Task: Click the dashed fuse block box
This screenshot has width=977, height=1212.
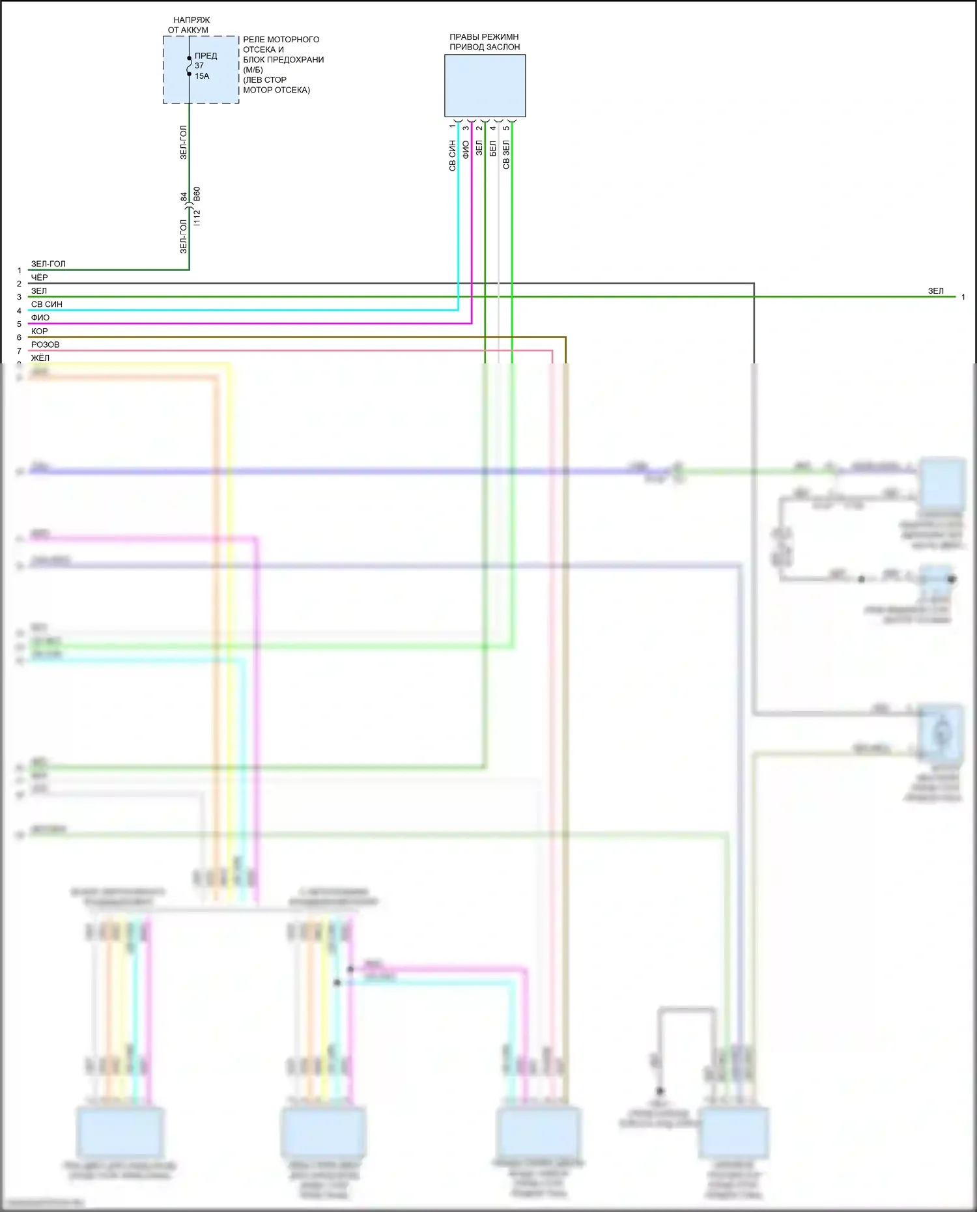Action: (x=201, y=70)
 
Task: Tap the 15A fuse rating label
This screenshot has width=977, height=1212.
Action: (x=202, y=76)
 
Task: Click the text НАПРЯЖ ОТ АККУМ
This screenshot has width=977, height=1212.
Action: (x=190, y=25)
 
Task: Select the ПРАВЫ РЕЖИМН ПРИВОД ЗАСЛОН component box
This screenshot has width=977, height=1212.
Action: (x=485, y=85)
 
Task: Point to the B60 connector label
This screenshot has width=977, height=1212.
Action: (x=197, y=194)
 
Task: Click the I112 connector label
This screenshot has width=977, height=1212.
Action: (x=197, y=218)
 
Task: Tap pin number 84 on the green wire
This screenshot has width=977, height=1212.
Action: (x=184, y=196)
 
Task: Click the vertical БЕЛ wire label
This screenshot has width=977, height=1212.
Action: (x=492, y=148)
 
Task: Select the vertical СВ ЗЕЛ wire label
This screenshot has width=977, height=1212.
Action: (x=506, y=155)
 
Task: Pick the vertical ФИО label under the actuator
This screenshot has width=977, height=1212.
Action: (x=465, y=150)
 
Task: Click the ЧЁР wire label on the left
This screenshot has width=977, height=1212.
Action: (x=39, y=277)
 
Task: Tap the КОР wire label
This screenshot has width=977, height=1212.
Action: (x=39, y=331)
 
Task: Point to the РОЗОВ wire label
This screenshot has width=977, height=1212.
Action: (x=45, y=345)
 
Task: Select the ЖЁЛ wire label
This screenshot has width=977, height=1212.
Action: (x=40, y=358)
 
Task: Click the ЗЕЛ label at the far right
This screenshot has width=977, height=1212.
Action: (x=935, y=291)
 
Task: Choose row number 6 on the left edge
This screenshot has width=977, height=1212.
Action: (x=19, y=337)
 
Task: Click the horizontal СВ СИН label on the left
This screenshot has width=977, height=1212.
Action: (x=47, y=304)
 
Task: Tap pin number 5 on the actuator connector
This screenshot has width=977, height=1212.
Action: (x=506, y=128)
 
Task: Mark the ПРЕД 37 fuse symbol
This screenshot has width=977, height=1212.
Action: (x=190, y=66)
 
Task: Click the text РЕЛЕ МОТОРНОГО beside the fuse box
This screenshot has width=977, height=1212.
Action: (x=281, y=40)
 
